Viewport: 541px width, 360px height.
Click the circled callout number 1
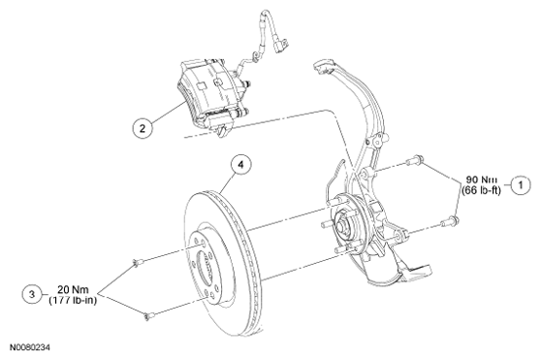(x=521, y=185)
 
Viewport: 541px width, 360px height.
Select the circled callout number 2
(x=143, y=128)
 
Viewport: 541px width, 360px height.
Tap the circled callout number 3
(x=32, y=294)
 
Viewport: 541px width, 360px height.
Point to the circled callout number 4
(x=241, y=165)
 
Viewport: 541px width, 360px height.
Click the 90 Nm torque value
(x=482, y=180)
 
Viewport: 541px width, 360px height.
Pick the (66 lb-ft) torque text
(x=481, y=190)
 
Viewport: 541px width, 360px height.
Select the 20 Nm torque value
(x=73, y=289)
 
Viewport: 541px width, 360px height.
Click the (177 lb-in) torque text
(x=73, y=300)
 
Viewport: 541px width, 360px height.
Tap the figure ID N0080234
(x=30, y=347)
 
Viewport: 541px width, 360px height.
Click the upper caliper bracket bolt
(x=415, y=160)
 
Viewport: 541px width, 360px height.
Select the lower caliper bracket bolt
(x=450, y=222)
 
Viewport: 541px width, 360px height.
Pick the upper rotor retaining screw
(x=138, y=263)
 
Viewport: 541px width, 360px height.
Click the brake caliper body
(x=208, y=94)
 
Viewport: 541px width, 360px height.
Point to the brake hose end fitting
(x=280, y=45)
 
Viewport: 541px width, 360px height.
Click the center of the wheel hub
(x=340, y=227)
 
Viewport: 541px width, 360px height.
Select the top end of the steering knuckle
(x=322, y=66)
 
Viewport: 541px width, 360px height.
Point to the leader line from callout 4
(x=227, y=184)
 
